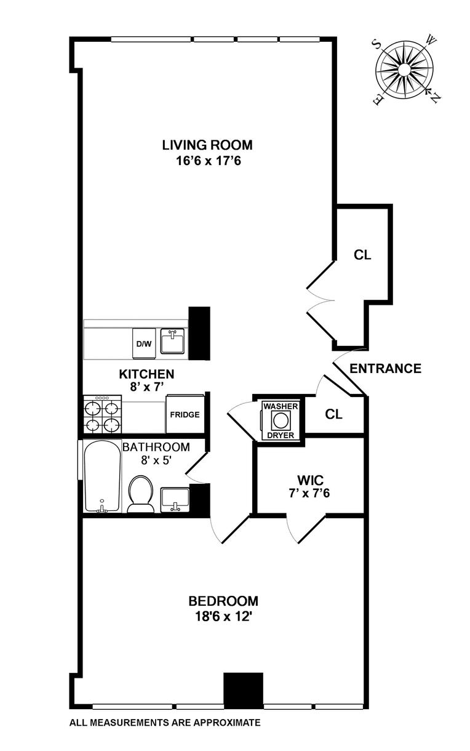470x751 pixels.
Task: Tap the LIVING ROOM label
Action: coord(207,145)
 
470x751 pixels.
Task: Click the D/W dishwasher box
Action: coord(143,343)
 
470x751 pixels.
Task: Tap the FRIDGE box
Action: coord(185,414)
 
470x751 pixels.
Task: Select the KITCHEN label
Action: coord(146,374)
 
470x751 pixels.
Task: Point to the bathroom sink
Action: coord(175,499)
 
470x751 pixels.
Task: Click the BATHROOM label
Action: coord(156,447)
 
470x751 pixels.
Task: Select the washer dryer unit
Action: coord(281,420)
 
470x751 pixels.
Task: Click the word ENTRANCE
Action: coord(385,369)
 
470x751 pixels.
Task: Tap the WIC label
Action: coord(306,478)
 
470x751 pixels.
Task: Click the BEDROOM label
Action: coord(223,601)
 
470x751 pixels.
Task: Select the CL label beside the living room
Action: coord(363,255)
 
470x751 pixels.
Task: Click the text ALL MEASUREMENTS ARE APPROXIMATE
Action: coord(165,723)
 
